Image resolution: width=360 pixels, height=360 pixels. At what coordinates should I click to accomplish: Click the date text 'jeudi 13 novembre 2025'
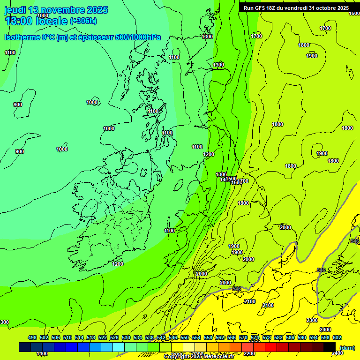(x=56, y=10)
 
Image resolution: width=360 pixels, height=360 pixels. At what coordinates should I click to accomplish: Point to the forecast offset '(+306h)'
(x=83, y=21)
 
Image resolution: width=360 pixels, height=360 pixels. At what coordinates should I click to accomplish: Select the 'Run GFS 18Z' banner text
(x=262, y=8)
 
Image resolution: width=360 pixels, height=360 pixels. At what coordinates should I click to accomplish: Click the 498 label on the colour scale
(x=32, y=337)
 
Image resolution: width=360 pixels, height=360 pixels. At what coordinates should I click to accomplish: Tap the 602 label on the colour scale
(x=337, y=337)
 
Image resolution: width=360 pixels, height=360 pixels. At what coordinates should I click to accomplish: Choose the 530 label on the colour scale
(x=126, y=337)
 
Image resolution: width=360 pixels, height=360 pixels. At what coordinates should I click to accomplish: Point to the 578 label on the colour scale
(x=267, y=337)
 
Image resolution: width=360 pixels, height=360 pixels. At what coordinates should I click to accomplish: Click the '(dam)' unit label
(x=347, y=347)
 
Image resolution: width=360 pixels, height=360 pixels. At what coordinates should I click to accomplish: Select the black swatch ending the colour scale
(x=330, y=347)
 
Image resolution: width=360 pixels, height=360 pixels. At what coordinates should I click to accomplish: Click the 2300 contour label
(x=312, y=320)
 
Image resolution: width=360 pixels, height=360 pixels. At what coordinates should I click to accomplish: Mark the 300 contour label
(x=4, y=322)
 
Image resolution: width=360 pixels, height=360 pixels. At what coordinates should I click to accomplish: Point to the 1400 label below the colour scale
(x=42, y=353)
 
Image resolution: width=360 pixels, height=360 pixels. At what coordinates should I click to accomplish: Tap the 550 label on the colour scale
(x=185, y=337)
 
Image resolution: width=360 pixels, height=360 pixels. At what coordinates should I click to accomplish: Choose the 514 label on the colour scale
(x=79, y=337)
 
